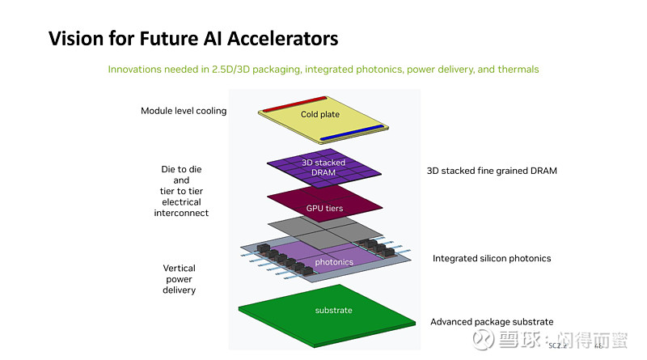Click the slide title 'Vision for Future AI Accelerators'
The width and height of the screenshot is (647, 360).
(x=193, y=38)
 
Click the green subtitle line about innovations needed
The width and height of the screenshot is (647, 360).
(x=323, y=70)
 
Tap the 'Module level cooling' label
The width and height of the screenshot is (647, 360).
(x=184, y=111)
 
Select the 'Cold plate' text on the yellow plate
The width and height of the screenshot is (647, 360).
(x=320, y=115)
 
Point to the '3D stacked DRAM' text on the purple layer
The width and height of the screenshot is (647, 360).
(x=323, y=167)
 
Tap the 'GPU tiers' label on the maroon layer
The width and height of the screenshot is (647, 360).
(x=324, y=208)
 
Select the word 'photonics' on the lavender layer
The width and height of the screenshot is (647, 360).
(x=333, y=262)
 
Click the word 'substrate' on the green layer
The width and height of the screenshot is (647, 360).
(x=333, y=310)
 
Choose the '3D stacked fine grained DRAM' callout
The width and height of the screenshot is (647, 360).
(x=492, y=171)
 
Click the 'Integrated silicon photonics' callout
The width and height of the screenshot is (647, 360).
(x=492, y=258)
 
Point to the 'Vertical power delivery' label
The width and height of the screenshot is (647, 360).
(x=179, y=278)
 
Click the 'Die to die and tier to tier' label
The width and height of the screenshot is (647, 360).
(x=181, y=185)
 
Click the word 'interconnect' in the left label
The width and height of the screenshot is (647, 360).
(x=181, y=213)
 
